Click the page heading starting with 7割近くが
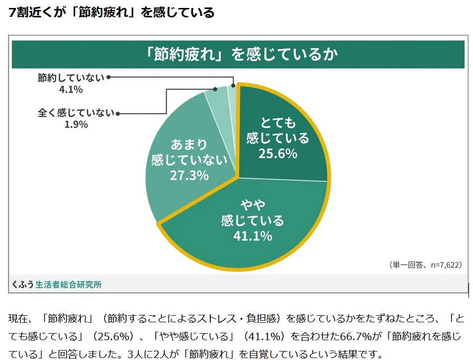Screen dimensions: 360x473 click(x=112, y=12)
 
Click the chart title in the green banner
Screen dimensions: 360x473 click(x=238, y=54)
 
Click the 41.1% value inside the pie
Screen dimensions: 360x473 click(x=253, y=236)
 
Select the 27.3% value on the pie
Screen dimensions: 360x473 click(x=189, y=175)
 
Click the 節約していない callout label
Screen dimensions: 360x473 click(x=71, y=77)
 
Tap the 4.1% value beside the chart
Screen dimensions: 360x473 click(x=70, y=89)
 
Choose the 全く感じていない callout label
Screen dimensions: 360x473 click(x=76, y=113)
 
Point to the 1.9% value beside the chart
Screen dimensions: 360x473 click(x=76, y=125)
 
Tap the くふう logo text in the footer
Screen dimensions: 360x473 click(x=23, y=285)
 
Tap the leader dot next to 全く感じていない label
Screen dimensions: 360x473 click(x=118, y=113)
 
